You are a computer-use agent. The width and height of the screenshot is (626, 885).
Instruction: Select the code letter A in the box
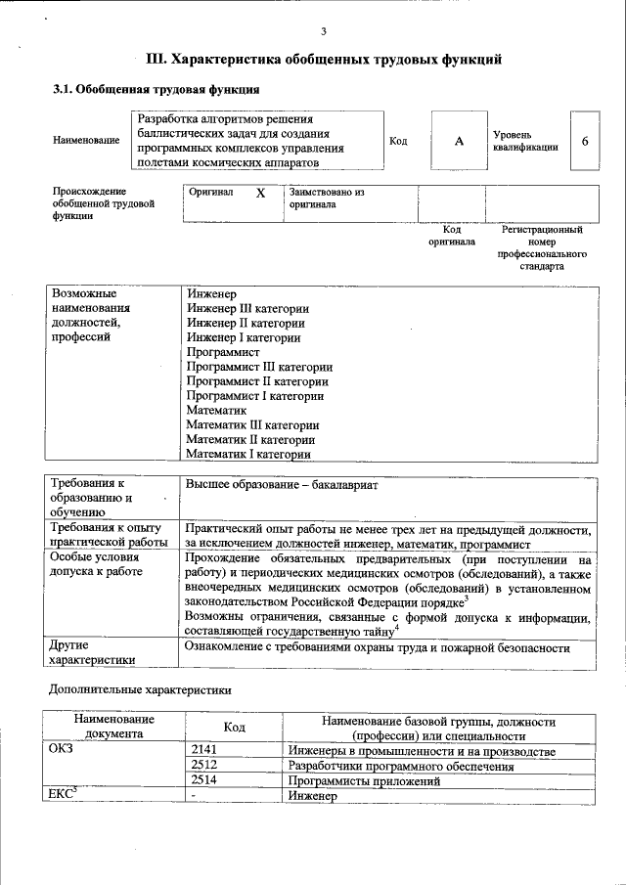click(459, 141)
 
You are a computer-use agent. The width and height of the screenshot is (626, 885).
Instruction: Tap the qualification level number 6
click(584, 141)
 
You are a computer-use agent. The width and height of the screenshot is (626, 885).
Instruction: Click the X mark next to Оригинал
click(260, 194)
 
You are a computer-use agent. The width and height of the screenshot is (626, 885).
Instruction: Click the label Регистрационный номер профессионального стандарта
click(541, 247)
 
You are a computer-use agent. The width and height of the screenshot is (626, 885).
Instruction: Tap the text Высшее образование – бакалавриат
click(282, 485)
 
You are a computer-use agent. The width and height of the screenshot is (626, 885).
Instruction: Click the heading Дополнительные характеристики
click(140, 689)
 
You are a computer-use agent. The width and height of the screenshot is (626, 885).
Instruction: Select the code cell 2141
click(203, 751)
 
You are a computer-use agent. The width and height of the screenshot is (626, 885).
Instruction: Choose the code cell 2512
click(203, 767)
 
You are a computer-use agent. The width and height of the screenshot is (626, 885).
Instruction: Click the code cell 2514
click(203, 781)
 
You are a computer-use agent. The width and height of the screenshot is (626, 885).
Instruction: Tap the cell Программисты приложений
click(357, 781)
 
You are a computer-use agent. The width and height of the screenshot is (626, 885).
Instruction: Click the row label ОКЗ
click(61, 751)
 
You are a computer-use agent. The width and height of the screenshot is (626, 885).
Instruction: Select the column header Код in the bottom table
click(234, 728)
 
